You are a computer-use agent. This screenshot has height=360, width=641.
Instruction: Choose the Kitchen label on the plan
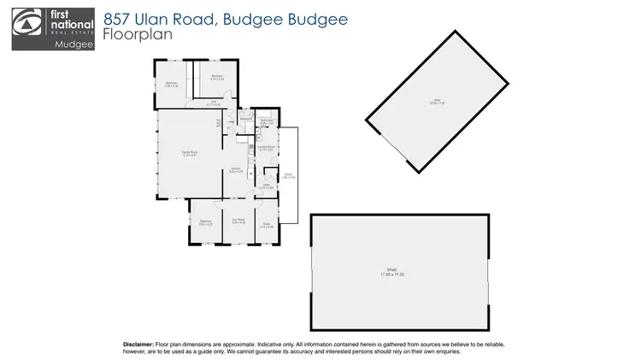pos(236,169)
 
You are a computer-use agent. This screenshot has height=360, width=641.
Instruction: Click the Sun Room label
pos(239,221)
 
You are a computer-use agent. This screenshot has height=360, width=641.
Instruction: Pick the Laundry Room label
pos(266,148)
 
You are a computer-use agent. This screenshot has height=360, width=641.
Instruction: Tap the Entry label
pos(266,185)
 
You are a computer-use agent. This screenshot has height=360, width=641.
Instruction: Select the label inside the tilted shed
pos(437,102)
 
